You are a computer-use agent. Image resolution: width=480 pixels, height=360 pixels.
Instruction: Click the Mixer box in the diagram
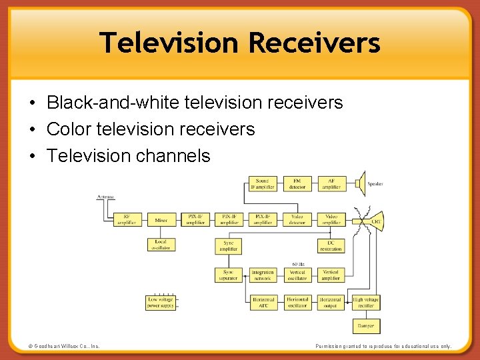point(161,219)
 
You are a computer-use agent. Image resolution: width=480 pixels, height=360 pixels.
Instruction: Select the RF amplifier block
point(127,219)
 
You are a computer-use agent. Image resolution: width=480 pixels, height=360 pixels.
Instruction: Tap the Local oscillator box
point(161,245)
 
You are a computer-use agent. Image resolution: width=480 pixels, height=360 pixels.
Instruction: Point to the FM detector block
point(297,183)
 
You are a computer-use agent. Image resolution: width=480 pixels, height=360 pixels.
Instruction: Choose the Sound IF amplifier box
point(263,183)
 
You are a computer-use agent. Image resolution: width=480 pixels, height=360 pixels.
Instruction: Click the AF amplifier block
point(331,183)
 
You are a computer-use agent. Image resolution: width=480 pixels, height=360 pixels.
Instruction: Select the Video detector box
point(297,219)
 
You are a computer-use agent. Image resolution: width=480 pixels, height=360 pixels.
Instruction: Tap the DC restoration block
point(331,245)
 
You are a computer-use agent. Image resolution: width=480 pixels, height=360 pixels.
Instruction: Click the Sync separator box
point(229,275)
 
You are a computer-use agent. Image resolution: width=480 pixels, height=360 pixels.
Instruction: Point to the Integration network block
point(263,275)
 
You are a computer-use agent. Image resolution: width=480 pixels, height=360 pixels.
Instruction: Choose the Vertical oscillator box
point(297,275)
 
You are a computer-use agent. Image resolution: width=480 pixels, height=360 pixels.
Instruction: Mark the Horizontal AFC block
point(263,303)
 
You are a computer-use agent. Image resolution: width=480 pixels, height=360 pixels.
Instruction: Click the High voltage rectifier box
point(365,303)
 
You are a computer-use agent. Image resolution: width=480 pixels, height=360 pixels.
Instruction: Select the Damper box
point(365,326)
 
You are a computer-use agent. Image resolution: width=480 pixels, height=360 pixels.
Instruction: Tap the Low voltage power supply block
point(161,303)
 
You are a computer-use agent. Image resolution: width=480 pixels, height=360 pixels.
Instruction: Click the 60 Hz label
point(299,264)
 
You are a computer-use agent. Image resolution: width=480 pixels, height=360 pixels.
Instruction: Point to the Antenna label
point(105,197)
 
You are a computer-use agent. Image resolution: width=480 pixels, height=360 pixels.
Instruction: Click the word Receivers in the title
point(314,43)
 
